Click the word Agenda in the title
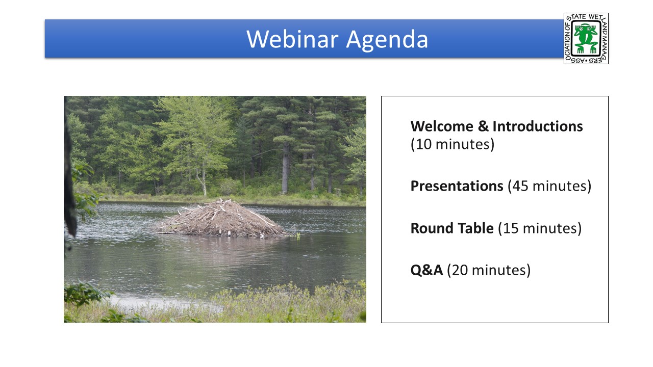pos(387,40)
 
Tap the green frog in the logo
pos(586,38)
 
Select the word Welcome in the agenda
pos(442,126)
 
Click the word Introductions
pos(538,126)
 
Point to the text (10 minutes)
pos(453,144)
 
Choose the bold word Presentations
pos(457,186)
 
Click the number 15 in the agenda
pos(511,228)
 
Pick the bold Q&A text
pos(426,270)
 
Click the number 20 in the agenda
pos(460,270)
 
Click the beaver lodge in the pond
pos(222,219)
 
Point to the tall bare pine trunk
pos(285,166)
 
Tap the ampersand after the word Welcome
pos(483,126)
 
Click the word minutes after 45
pos(560,186)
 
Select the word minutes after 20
pos(499,270)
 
